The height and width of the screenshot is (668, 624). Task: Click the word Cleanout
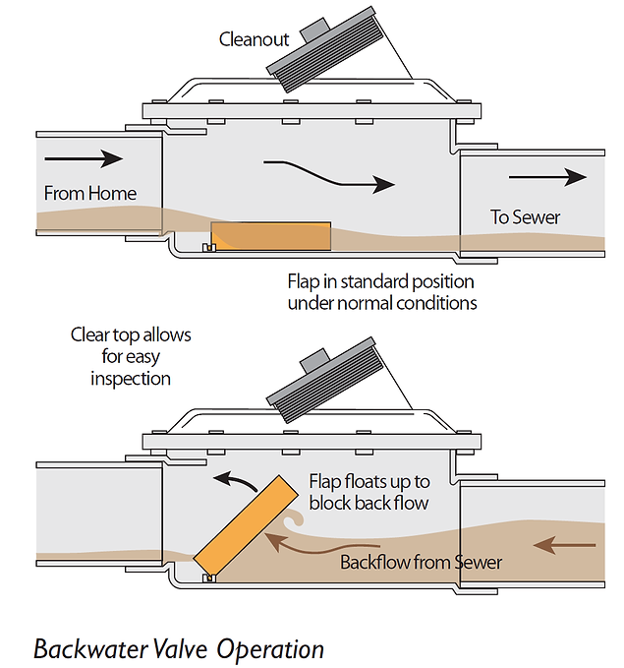point(255,39)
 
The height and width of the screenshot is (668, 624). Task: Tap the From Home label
point(89,193)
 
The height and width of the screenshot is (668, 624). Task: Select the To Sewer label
point(525,216)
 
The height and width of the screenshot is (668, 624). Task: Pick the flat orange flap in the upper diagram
point(272,235)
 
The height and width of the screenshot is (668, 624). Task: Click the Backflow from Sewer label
point(421,563)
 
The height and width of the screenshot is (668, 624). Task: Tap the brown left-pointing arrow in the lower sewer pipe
point(568,542)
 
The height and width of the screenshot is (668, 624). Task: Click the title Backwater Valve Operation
point(178,650)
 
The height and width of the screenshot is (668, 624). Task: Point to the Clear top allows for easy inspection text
point(131,356)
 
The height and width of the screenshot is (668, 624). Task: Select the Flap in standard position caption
point(381,292)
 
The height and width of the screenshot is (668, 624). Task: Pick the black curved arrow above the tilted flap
point(233,479)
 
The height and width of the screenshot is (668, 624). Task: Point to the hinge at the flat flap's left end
point(207,247)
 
